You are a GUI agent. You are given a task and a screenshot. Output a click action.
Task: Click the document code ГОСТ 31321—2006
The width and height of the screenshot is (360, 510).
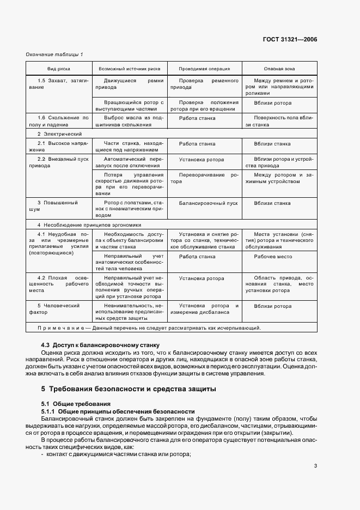(291, 40)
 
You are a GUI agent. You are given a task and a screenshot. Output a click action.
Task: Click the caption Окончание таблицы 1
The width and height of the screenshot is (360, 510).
(55, 55)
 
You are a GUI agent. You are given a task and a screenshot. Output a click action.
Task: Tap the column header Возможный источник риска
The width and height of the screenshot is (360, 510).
(129, 69)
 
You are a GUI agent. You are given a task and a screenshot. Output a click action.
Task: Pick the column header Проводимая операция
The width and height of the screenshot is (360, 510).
(204, 69)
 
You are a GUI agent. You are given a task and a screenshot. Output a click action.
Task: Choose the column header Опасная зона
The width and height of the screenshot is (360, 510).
(279, 69)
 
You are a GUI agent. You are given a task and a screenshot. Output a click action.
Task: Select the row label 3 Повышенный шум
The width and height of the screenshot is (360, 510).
(57, 206)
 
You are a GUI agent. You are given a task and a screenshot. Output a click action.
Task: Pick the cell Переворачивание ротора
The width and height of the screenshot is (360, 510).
(204, 178)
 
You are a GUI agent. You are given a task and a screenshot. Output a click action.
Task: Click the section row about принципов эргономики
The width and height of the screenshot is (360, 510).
(89, 224)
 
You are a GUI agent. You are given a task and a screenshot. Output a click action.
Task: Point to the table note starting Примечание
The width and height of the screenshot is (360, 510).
(149, 328)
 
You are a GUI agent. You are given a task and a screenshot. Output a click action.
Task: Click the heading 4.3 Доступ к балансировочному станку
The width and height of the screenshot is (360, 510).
(99, 345)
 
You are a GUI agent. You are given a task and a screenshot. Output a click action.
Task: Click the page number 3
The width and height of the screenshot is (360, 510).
(315, 466)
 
